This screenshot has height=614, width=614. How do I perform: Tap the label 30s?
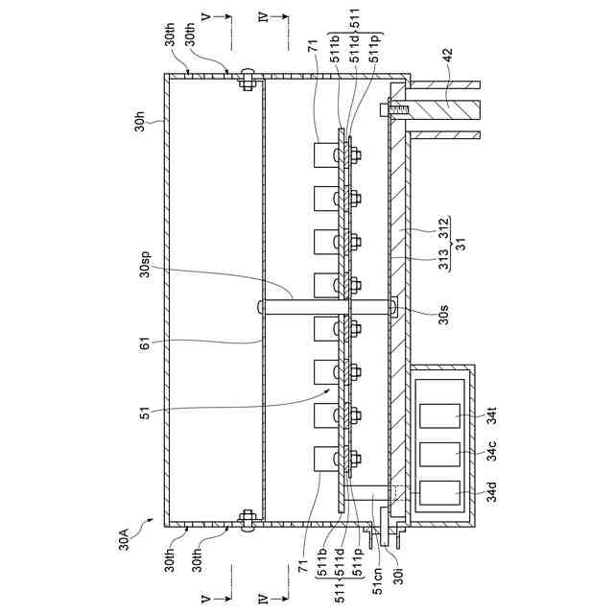pyautogui.click(x=423, y=311)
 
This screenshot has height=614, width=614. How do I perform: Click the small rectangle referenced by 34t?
pyautogui.click(x=443, y=415)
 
